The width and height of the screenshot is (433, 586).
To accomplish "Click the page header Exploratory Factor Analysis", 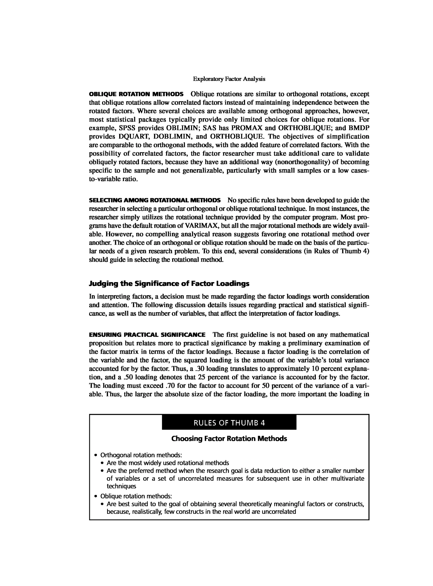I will (229, 79).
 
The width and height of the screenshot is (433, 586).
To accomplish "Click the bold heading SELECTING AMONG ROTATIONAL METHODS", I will (155, 200).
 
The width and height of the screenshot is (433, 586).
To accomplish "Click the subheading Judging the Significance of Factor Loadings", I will (169, 284).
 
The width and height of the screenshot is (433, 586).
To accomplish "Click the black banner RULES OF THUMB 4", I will (229, 423).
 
